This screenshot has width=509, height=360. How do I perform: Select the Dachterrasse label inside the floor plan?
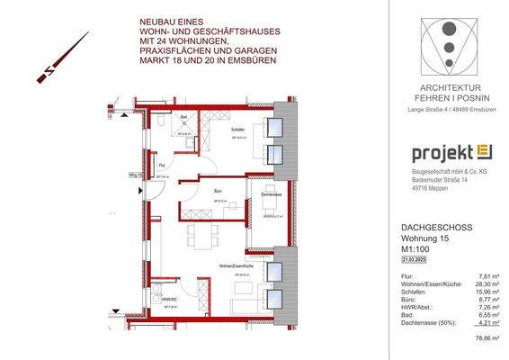tap(272, 195)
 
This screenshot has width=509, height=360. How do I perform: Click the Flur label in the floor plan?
tap(163, 165)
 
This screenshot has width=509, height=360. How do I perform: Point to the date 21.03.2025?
tap(415, 256)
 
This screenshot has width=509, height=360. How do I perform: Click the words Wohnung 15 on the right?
tap(423, 237)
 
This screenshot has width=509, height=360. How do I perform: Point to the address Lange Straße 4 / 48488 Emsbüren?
tap(447, 109)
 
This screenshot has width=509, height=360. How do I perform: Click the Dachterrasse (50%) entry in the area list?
tap(430, 324)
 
